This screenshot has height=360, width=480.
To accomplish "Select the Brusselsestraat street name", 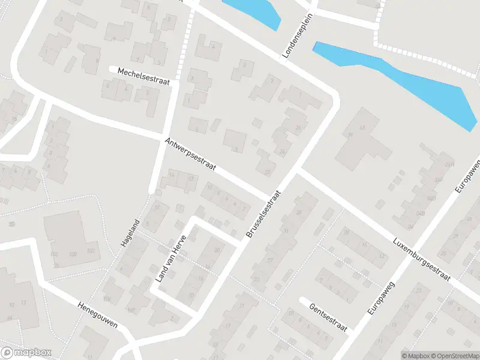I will pos(263,215).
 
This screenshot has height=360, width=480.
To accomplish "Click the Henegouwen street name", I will pos(97,314).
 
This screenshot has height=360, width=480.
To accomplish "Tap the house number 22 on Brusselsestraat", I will pos(266,172).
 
